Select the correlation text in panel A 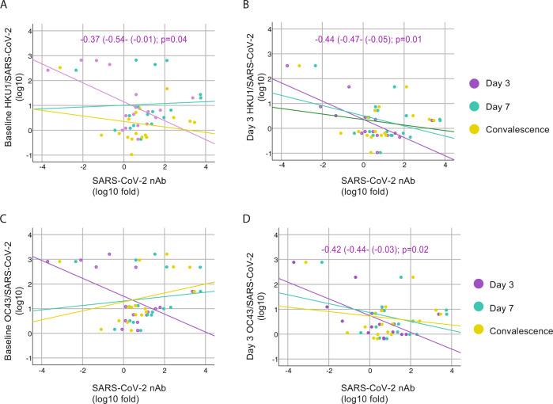tap(142, 39)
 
